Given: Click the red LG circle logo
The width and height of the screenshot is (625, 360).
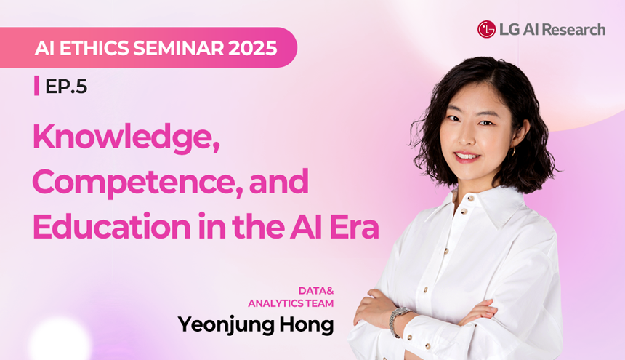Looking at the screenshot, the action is [x=486, y=30].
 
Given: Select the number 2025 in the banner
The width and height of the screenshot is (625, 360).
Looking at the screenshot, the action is [x=253, y=48].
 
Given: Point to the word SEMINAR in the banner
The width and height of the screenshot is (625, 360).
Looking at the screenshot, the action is [x=179, y=48].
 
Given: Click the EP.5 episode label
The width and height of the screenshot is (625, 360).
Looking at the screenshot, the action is [x=66, y=86].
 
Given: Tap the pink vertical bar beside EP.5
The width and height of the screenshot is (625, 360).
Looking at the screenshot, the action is [x=36, y=86].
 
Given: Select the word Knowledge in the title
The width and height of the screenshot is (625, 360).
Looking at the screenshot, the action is [x=126, y=138].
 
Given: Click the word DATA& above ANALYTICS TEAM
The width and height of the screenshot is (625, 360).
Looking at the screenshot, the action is [x=316, y=291].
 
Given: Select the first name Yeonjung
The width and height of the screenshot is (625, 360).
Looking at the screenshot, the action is [x=225, y=325].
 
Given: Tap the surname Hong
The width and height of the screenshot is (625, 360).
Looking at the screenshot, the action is [x=306, y=325].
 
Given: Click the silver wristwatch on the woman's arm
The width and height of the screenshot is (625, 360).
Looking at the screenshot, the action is [x=398, y=320].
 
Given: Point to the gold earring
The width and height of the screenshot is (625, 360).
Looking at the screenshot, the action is [x=513, y=152].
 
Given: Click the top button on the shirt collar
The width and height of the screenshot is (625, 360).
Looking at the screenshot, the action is [x=471, y=198].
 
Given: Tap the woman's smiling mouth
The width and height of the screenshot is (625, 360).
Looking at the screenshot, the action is [x=467, y=156].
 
